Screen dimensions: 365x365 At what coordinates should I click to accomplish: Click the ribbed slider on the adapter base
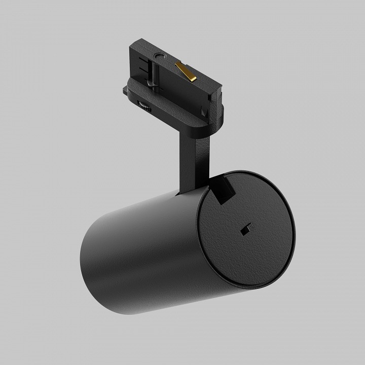point(144,106)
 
